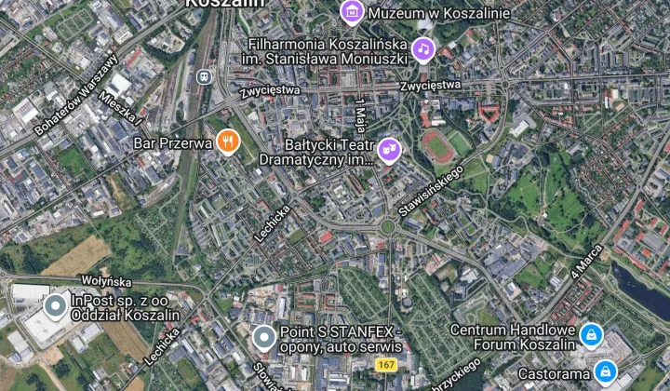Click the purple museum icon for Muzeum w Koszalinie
[352, 12]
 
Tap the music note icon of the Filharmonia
[423, 48]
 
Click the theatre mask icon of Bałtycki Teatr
[388, 148]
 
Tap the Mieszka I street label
[122, 108]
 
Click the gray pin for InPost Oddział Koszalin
[56, 304]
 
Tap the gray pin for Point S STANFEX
[264, 337]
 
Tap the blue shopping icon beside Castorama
[606, 373]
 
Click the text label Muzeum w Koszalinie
[438, 13]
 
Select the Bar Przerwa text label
[173, 142]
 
